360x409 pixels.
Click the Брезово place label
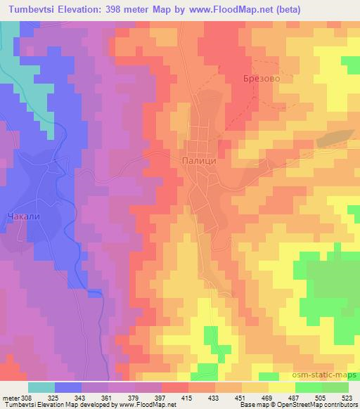click(x=262, y=79)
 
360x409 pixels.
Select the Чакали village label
click(x=22, y=216)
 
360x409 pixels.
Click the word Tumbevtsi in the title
click(x=28, y=8)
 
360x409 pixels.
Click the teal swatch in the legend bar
click(x=41, y=387)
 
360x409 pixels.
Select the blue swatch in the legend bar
click(x=67, y=387)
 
